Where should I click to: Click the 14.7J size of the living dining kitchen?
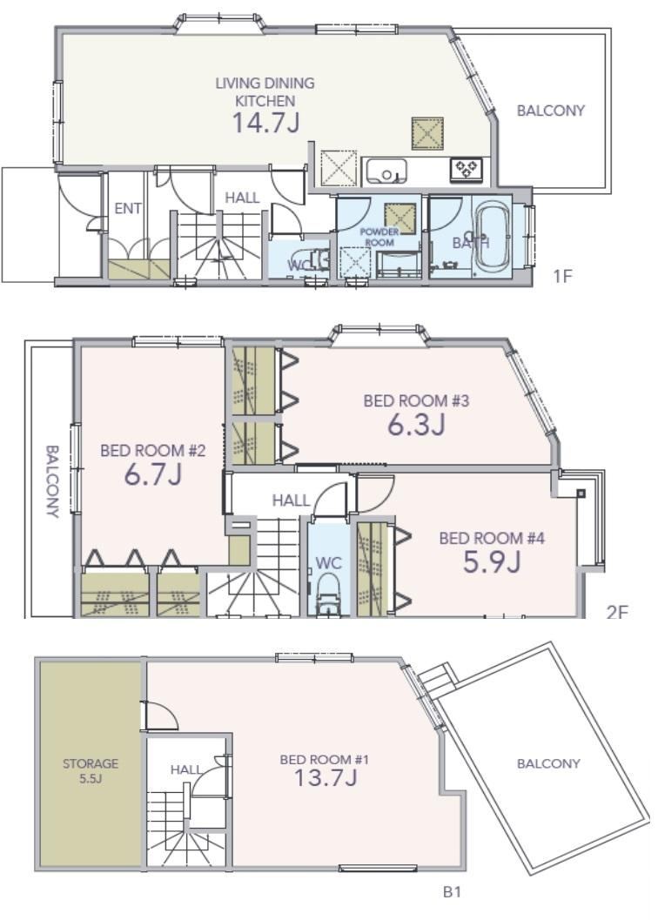(266, 123)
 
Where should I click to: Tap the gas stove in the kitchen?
(467, 169)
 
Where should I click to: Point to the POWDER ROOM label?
(379, 237)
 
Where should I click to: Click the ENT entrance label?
(127, 208)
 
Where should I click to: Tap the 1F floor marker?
(562, 275)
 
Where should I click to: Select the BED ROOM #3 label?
(416, 400)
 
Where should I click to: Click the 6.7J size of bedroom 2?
(152, 474)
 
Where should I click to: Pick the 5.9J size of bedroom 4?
(492, 562)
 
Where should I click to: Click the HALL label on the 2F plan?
(291, 500)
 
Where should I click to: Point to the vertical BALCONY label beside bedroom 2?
(52, 481)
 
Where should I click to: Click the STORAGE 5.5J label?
(91, 770)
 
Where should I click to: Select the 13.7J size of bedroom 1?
(325, 777)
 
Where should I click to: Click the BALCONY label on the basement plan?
(548, 763)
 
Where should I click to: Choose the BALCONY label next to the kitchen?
(551, 111)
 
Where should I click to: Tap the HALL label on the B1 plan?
(185, 769)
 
